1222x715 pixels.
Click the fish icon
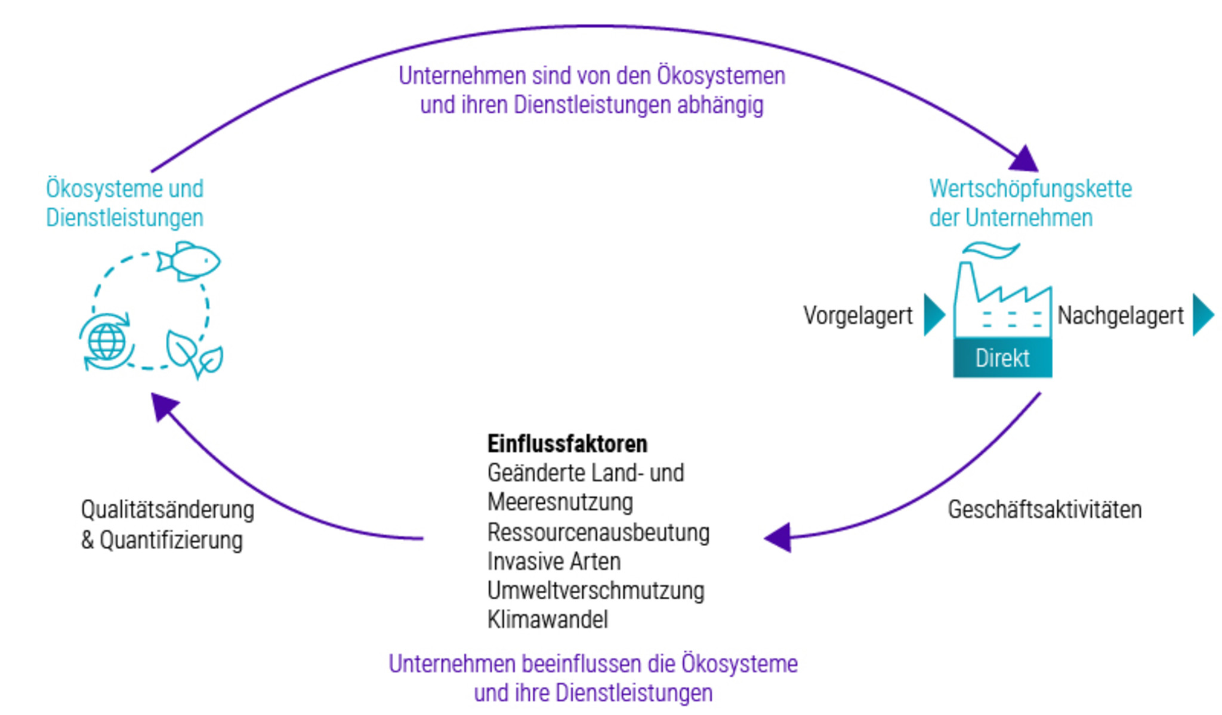pos(189,261)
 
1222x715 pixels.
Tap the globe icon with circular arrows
pos(106,341)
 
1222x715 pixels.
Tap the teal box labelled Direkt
pos(1002,357)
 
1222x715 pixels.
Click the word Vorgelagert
pos(857,316)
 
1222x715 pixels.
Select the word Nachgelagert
pos(1120,316)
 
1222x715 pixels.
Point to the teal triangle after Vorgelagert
pos(934,315)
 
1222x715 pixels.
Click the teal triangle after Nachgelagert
pos(1203,315)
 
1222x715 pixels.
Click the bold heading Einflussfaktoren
pos(567,443)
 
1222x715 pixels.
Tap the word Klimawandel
pos(547,620)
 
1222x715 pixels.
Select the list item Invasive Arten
pos(554,561)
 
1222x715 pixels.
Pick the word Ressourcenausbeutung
pos(598,532)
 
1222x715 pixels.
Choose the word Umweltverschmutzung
pos(595,590)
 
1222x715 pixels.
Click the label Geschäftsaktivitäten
pos(1045,510)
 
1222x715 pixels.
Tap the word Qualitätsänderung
pos(168,510)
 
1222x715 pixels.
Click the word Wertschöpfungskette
pos(1030,189)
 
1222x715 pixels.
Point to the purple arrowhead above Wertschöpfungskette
pos(1025,159)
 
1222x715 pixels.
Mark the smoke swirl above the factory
pos(991,250)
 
